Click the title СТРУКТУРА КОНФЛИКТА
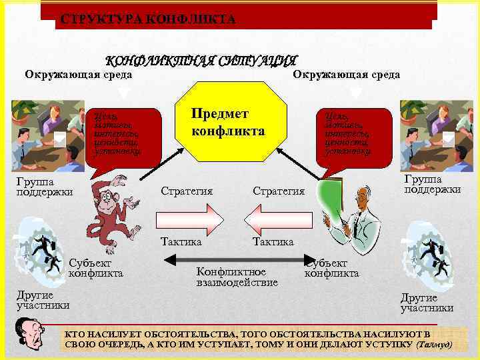point(147,19)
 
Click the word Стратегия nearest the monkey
point(187,191)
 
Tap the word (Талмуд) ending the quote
point(433,345)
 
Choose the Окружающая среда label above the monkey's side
point(78,73)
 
